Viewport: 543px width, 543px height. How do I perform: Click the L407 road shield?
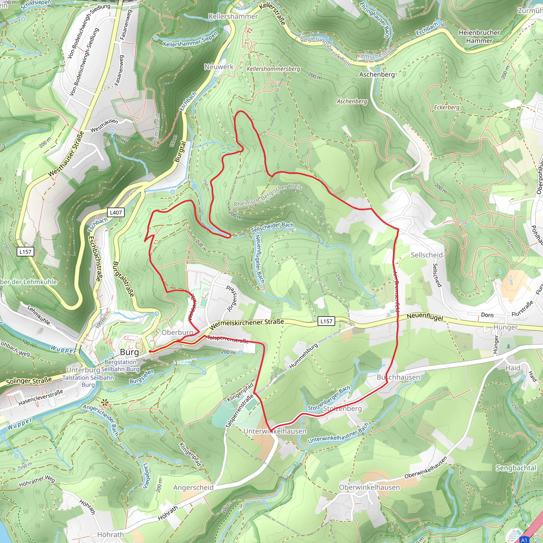click(116, 212)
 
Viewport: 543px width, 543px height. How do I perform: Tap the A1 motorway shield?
click(524, 540)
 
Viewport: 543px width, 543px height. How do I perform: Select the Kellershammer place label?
click(233, 17)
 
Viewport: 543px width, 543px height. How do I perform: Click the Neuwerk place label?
click(219, 67)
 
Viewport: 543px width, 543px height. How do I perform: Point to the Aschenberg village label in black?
click(377, 75)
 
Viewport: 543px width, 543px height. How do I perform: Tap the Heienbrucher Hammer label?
click(479, 37)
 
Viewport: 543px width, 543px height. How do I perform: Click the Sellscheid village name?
click(427, 255)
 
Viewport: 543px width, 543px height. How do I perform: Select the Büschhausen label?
click(398, 377)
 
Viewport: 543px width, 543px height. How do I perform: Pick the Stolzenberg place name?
click(342, 408)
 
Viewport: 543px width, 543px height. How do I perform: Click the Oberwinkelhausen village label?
click(369, 487)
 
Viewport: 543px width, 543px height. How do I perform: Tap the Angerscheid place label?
click(193, 488)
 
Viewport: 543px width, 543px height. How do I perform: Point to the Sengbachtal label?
click(516, 468)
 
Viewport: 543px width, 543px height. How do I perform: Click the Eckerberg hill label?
click(446, 107)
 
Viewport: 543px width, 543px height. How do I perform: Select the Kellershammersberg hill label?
click(273, 69)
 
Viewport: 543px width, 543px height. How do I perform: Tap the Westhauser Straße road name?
click(66, 154)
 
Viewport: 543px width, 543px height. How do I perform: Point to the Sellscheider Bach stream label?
click(272, 227)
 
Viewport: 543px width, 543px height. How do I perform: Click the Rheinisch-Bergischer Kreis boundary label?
click(268, 195)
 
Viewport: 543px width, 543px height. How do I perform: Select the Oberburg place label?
click(177, 332)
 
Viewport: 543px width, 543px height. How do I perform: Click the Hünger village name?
click(505, 327)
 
